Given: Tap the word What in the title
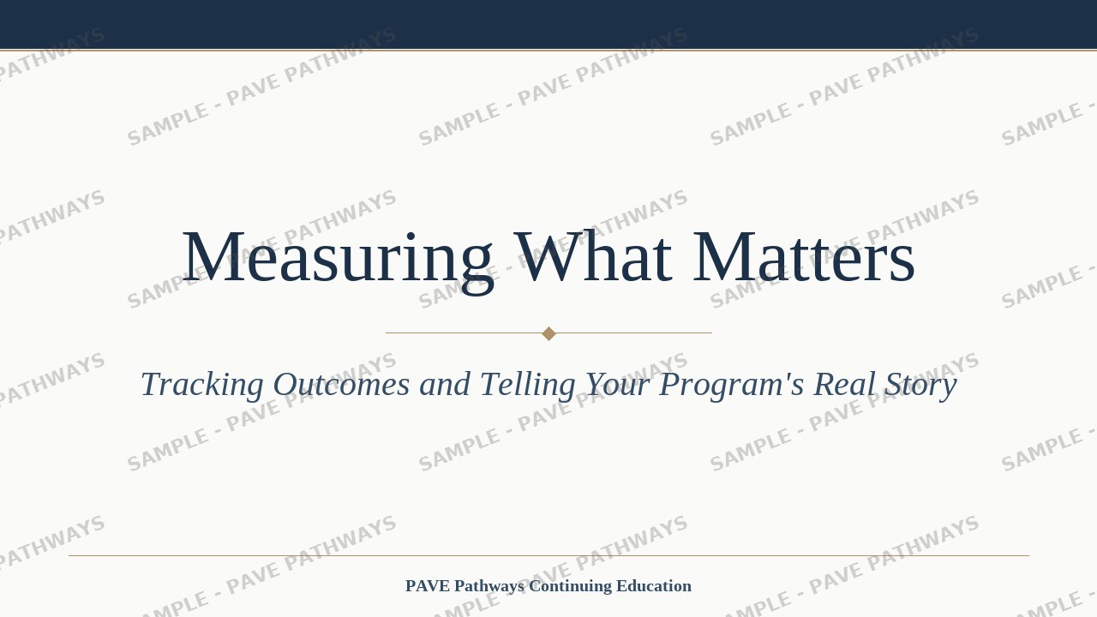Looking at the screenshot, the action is point(593,256).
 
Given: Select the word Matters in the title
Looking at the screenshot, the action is point(804,256).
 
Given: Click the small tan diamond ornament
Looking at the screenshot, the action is point(548,333).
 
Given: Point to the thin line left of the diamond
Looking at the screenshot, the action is point(464,333).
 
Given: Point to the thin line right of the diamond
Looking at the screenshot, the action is point(634,333).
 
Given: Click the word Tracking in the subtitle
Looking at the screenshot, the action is point(202,385).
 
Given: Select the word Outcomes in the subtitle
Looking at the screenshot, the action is point(341,384).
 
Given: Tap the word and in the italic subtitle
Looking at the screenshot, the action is point(445,384).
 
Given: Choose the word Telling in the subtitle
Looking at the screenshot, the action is point(527,386).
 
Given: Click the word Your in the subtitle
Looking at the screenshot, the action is point(618,384).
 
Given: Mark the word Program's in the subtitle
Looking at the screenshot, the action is point(732,386).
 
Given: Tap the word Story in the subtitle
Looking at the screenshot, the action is point(920,386).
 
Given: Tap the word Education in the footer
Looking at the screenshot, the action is point(654,585).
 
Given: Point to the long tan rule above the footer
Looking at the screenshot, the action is point(548,556).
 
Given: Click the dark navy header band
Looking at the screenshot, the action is point(548,25).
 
